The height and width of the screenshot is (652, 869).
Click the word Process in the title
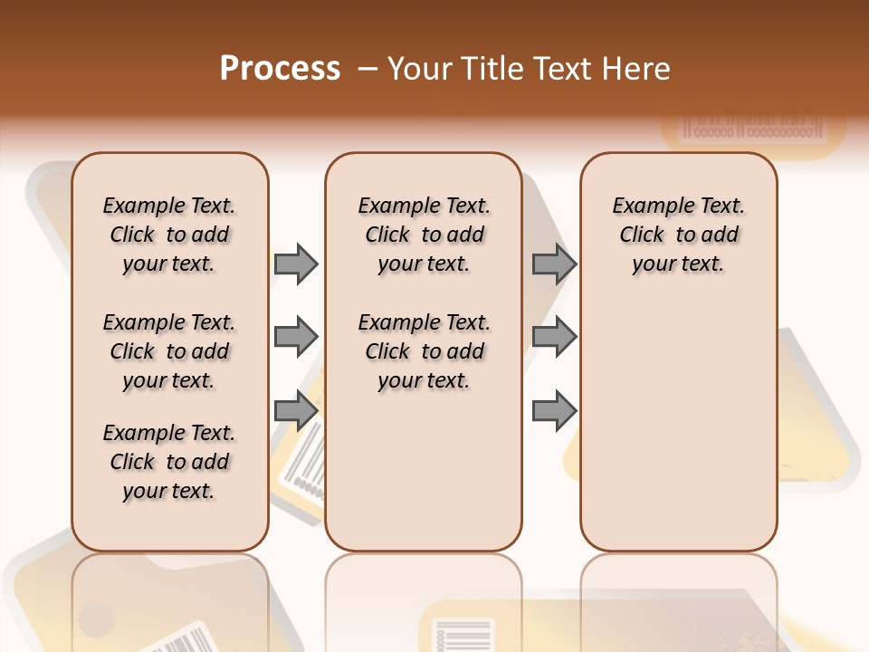click(280, 69)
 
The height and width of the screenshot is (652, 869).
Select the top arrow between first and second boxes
click(296, 264)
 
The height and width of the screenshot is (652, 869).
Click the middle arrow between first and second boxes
click(296, 337)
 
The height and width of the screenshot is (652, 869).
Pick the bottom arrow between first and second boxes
click(296, 411)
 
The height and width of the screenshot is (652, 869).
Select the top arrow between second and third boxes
click(554, 264)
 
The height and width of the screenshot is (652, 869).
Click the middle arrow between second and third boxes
click(554, 337)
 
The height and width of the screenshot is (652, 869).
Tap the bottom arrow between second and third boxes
click(554, 411)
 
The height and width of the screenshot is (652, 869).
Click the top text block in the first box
click(168, 235)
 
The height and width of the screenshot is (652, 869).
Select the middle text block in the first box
click(168, 351)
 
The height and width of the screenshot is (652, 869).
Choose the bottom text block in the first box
click(168, 462)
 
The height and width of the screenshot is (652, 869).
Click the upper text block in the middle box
click(424, 235)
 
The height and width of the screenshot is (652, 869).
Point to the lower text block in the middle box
click(424, 351)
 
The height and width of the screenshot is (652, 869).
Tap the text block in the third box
click(678, 235)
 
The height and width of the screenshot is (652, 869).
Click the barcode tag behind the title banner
click(755, 128)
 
